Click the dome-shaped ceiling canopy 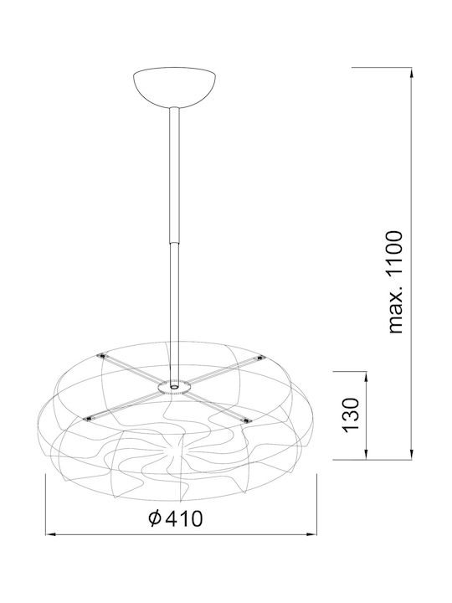[174, 88]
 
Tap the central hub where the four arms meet [174, 386]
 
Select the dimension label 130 [351, 415]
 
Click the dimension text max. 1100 [395, 282]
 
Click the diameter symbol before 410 [155, 518]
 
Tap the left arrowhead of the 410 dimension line [52, 534]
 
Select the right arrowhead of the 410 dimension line [311, 534]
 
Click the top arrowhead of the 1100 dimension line [412, 73]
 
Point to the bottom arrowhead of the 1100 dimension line [412, 454]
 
